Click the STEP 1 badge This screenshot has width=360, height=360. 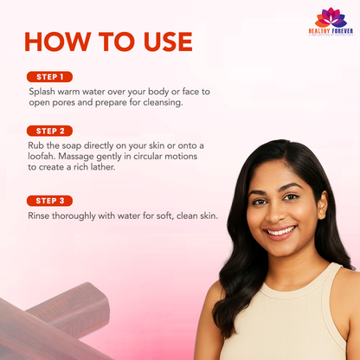click(49, 77)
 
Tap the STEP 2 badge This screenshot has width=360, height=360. click(49, 131)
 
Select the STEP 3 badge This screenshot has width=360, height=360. click(49, 201)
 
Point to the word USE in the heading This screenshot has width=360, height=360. click(168, 42)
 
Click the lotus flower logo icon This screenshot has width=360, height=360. click(331, 17)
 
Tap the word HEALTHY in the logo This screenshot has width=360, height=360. click(318, 31)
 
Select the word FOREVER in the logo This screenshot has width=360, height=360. click(342, 31)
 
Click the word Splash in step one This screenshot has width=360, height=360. click(42, 92)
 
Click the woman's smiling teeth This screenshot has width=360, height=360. click(281, 231)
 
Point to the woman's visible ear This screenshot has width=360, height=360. click(323, 205)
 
